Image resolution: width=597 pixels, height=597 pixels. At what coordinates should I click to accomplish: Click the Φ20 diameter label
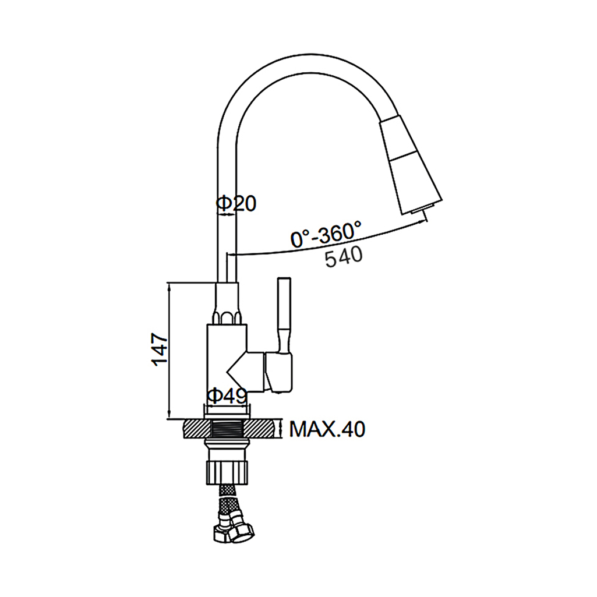(236, 203)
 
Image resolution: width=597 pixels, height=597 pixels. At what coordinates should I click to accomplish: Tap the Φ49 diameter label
(228, 397)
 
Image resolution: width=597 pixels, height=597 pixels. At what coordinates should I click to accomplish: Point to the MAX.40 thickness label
(327, 429)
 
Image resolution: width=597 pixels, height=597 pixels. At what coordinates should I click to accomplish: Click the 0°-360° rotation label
(326, 234)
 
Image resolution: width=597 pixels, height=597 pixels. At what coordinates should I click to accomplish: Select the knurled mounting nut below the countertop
(227, 472)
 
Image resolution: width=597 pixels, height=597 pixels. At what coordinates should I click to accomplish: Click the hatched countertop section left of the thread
(197, 429)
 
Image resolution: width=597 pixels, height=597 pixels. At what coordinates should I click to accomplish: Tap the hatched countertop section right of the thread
(263, 429)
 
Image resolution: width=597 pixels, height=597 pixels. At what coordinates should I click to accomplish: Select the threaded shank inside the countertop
(228, 429)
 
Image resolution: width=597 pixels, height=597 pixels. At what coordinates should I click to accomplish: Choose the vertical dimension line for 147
(169, 351)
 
